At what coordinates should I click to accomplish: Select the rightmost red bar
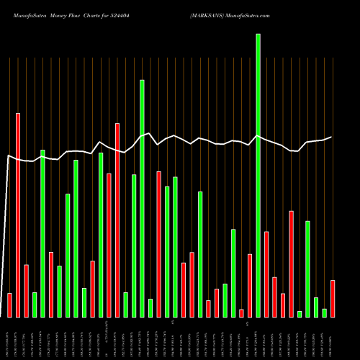(333, 298)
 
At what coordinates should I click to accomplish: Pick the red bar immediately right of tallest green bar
(266, 274)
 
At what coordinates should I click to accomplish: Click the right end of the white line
(332, 137)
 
